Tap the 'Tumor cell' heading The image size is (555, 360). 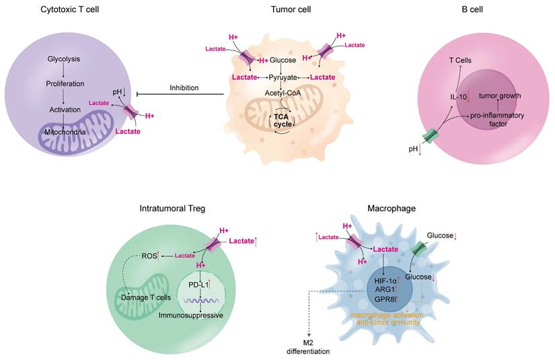click(x=287, y=9)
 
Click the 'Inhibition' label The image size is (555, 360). click(x=184, y=87)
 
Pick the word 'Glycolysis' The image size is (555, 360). click(x=64, y=59)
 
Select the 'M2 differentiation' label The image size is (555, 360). click(x=309, y=345)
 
